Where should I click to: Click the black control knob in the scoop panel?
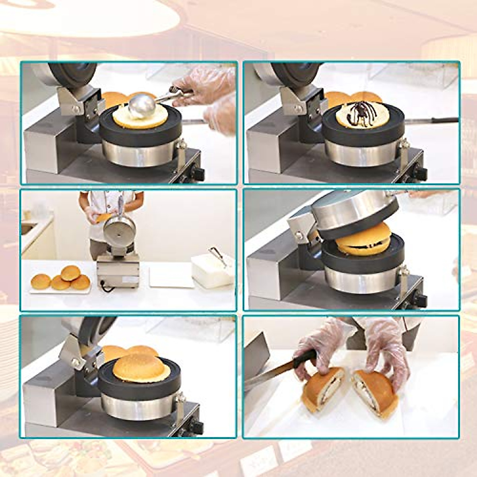pyautogui.click(x=198, y=173)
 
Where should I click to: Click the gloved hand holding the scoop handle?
pyautogui.click(x=203, y=83)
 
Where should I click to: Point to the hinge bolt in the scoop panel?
pyautogui.click(x=75, y=109)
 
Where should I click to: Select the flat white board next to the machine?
pyautogui.click(x=171, y=276)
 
